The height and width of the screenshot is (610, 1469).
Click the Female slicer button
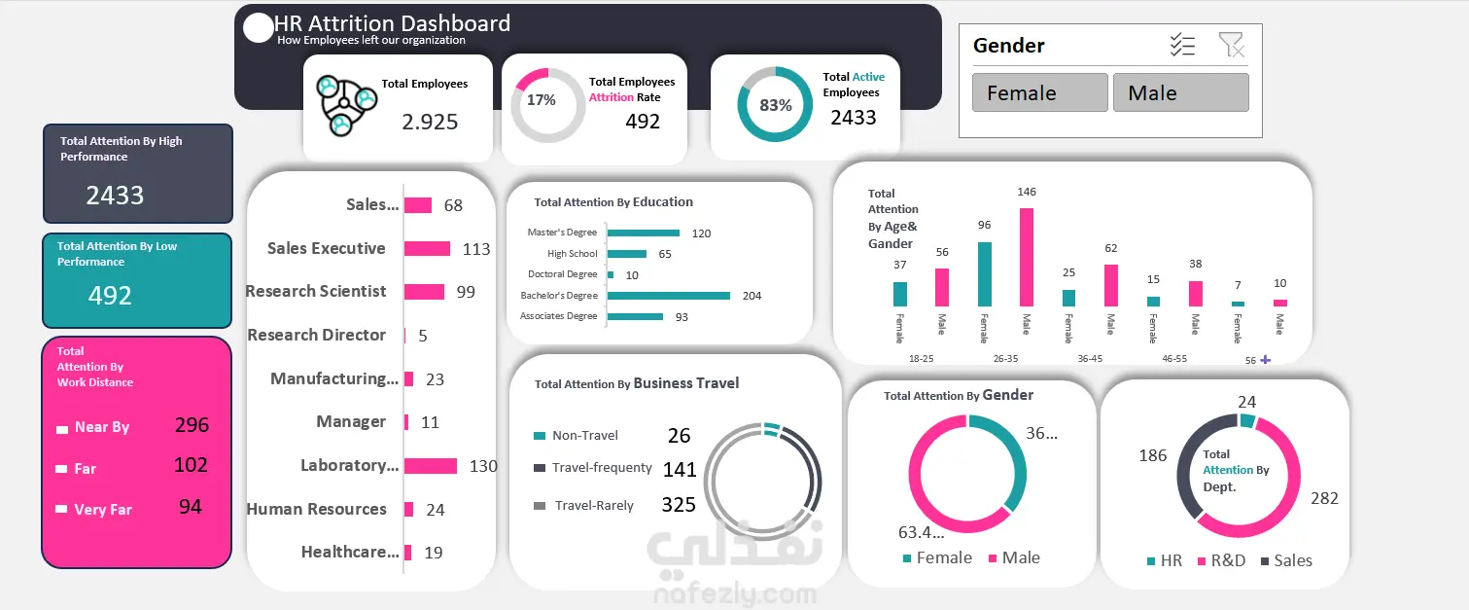(x=1039, y=92)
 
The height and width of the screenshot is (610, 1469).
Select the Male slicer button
(x=1180, y=92)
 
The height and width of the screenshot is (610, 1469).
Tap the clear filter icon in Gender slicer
(x=1231, y=45)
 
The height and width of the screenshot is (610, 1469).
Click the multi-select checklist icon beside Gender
(x=1182, y=45)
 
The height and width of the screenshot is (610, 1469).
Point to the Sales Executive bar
(x=427, y=248)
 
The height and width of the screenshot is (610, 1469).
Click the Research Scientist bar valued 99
(x=424, y=291)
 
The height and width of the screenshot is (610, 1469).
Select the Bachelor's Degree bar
(x=668, y=295)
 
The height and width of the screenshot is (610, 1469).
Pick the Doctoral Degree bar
(x=611, y=274)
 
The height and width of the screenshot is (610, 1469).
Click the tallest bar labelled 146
(x=1027, y=257)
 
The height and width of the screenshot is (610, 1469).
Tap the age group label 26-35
(x=1005, y=359)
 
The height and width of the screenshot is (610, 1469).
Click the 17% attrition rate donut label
(x=542, y=100)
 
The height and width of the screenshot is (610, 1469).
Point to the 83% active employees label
(x=775, y=105)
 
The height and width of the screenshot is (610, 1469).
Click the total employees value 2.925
(x=430, y=122)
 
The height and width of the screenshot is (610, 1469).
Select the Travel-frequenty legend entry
(x=601, y=468)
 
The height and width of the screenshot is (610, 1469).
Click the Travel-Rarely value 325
(x=679, y=504)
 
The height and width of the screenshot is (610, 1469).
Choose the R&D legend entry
(x=1227, y=561)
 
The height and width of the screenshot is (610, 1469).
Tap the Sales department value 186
(x=1152, y=455)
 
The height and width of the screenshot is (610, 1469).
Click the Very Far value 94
(x=190, y=506)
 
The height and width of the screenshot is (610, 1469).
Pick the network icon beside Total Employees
(x=346, y=102)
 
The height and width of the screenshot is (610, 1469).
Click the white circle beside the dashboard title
(x=258, y=28)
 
